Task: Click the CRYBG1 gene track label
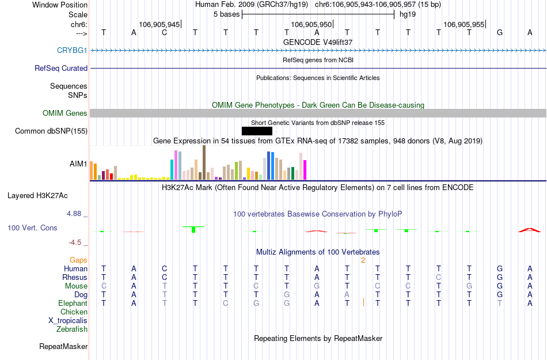coord(72,51)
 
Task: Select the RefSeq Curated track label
coord(61,69)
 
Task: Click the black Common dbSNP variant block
coord(257,131)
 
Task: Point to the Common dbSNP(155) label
coord(51,131)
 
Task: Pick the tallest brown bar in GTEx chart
coord(204,162)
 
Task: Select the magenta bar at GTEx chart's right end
coord(305,169)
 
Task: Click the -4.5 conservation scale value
coord(78,242)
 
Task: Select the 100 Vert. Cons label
coord(32,228)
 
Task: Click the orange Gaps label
coord(78,260)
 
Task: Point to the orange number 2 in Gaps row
coord(363,260)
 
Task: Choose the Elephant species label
coord(73,304)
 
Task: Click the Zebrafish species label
coord(72,329)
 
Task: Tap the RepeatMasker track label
coord(63,347)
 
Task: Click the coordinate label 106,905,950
coord(312,24)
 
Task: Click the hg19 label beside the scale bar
coord(408,14)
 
